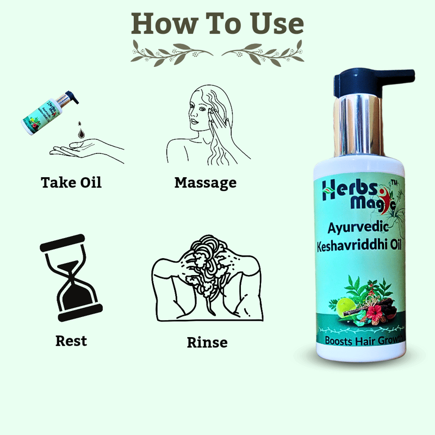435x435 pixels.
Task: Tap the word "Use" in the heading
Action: click(277, 24)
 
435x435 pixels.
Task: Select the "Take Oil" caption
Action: click(71, 183)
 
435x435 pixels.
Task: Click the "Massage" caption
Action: click(206, 183)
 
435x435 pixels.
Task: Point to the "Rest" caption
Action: click(71, 341)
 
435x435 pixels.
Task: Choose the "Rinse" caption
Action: click(207, 343)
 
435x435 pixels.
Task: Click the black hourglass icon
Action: click(71, 278)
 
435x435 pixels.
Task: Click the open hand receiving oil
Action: click(87, 151)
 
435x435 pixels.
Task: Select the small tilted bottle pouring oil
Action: click(50, 113)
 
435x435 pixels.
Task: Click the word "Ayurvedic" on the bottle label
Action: click(358, 228)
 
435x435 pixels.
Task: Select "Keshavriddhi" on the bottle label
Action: click(349, 246)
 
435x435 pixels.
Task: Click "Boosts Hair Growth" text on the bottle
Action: click(364, 340)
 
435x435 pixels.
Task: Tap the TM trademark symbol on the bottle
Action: click(394, 182)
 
